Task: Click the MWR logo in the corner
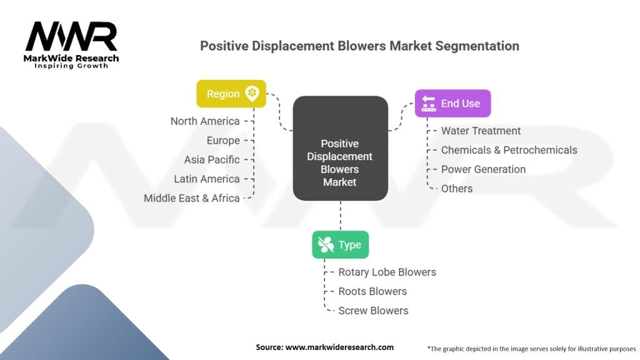point(71,44)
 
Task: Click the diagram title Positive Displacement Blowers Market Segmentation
point(359,46)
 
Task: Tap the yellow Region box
point(231,94)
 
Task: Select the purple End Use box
point(452,103)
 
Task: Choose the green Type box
point(340,244)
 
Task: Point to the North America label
point(205,121)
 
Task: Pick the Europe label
point(223,141)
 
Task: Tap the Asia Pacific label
point(212,160)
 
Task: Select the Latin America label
point(207,179)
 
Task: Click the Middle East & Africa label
point(192,198)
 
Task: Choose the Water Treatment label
point(481,131)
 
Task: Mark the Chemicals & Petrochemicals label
point(509,150)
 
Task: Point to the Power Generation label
point(483,169)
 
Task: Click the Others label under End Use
point(457,188)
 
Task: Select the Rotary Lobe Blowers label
point(387,272)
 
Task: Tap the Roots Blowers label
point(372,291)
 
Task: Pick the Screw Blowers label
point(373,311)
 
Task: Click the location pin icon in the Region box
point(252,94)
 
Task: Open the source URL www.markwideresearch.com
point(339,347)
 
